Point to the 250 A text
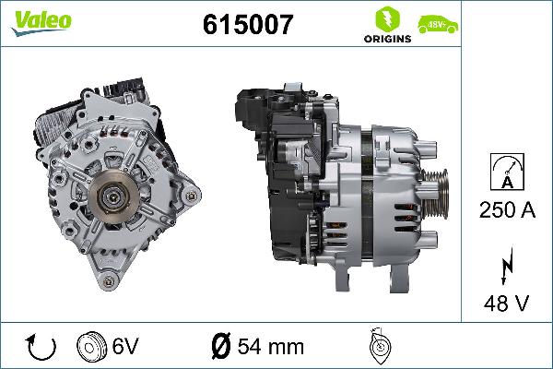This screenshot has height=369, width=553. pos(508,209)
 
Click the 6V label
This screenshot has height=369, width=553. pos(127,348)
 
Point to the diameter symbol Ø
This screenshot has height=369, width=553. pos(221,348)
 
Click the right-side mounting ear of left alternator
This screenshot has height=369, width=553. pos(191,196)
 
